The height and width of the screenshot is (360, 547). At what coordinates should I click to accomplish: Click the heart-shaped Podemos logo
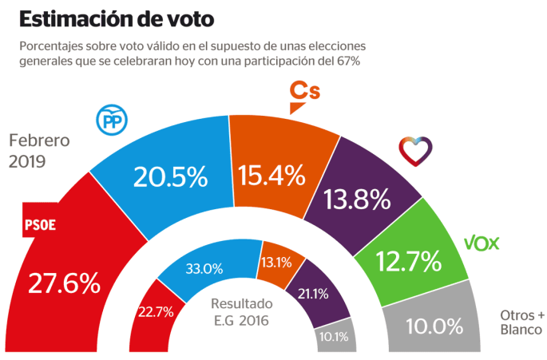[x=415, y=150]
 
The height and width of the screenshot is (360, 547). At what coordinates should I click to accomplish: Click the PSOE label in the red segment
[x=41, y=226]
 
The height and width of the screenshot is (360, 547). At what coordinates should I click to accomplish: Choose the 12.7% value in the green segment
[x=409, y=260]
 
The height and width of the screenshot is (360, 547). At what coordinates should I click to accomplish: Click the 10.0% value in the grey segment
[x=434, y=326]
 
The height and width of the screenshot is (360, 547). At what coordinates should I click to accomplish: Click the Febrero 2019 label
[x=39, y=151]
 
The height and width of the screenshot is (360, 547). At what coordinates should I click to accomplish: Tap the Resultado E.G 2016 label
[x=242, y=312]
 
